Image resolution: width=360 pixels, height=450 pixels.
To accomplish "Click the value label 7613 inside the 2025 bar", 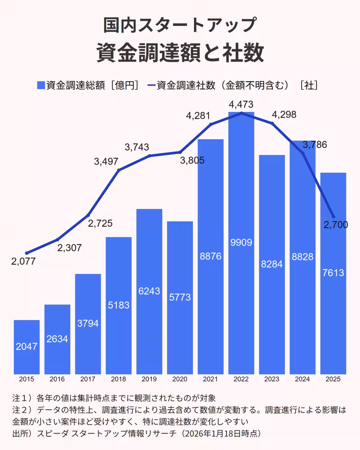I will tap(333, 273).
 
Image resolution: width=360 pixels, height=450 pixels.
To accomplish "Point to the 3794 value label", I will tap(88, 323).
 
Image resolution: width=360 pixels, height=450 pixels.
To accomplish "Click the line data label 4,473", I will tap(241, 104).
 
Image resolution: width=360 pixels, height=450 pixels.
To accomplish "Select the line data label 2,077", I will tap(23, 261).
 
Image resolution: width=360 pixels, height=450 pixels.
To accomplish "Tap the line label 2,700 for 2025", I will tap(336, 225).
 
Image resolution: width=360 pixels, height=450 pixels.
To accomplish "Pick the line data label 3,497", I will tap(106, 162).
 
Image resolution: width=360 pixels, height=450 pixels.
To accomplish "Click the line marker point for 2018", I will tap(119, 170).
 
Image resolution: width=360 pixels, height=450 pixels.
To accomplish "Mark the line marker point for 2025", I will tap(333, 217).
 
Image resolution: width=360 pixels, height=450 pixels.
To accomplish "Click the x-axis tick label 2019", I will tap(149, 379).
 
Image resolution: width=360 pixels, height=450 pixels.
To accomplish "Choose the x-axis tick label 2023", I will tap(272, 379).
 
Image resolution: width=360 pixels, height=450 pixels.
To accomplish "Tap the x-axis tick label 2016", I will tap(57, 379).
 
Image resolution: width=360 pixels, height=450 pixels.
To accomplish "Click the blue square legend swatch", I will tap(41, 85).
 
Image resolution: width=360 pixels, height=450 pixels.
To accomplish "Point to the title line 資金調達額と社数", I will tap(180, 53).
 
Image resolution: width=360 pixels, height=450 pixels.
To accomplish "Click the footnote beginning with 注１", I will tap(114, 398).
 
